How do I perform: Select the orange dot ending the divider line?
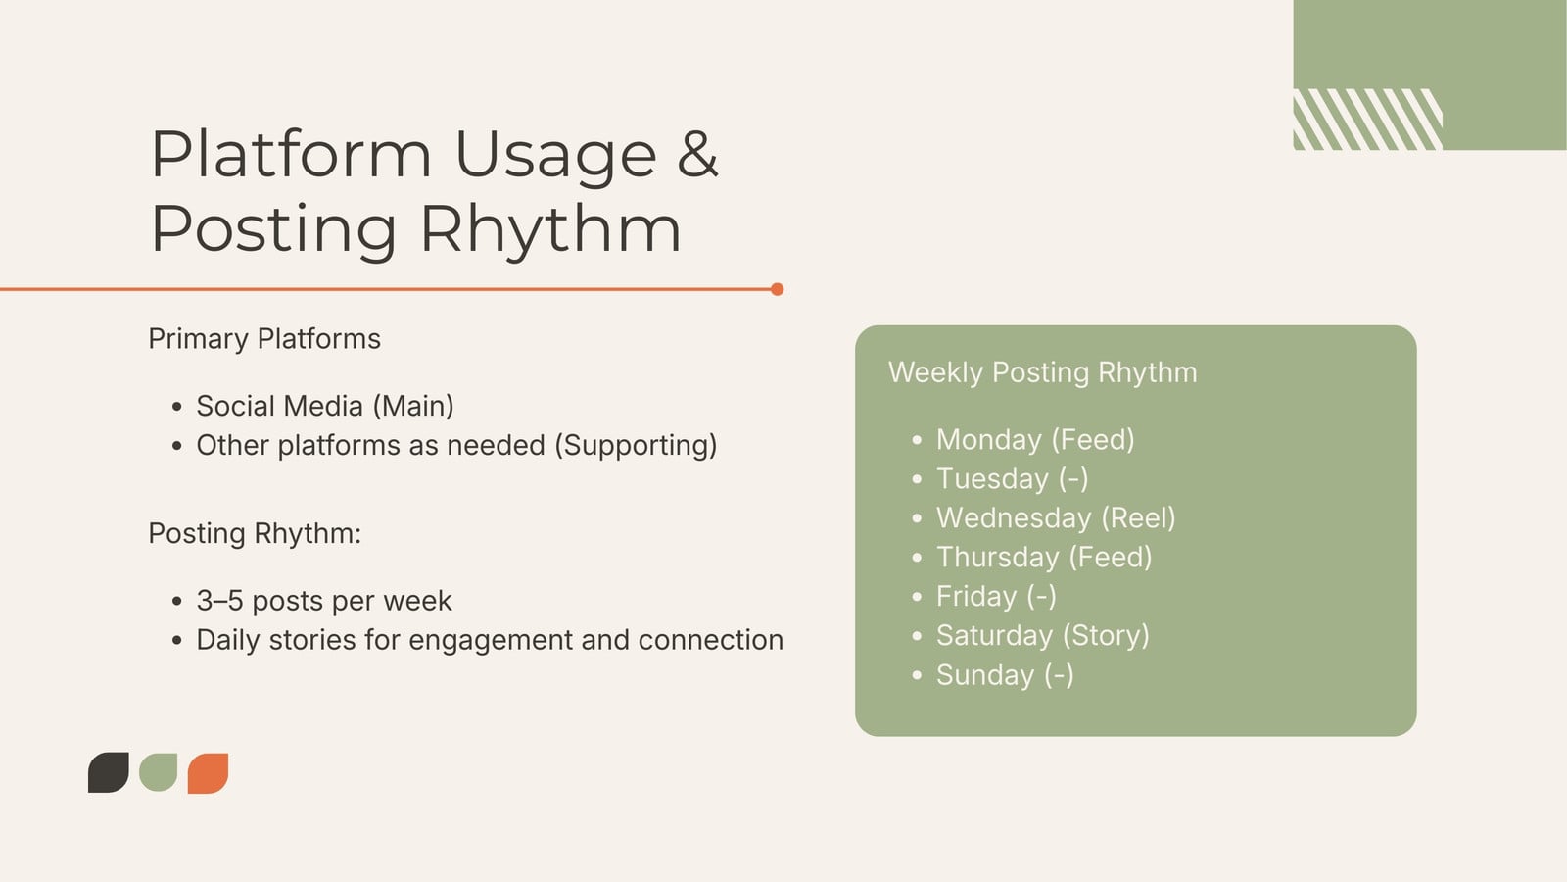click(778, 289)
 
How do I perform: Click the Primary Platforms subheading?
click(264, 339)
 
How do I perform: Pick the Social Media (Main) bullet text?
click(325, 406)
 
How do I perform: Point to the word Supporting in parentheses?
click(637, 445)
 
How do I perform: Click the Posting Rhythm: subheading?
click(255, 533)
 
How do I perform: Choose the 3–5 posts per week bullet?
click(324, 601)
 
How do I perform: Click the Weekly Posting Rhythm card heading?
click(1042, 372)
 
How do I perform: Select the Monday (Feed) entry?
click(1035, 440)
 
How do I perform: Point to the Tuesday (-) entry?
click(1013, 479)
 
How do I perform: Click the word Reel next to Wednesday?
click(1138, 518)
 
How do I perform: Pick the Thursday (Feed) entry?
click(1044, 558)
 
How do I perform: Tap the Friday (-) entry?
click(996, 597)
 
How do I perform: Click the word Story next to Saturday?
click(1106, 636)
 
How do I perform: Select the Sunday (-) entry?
click(1005, 675)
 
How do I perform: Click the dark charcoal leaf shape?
click(109, 773)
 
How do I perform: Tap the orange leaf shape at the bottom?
click(209, 773)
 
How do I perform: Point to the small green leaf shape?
click(158, 772)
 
